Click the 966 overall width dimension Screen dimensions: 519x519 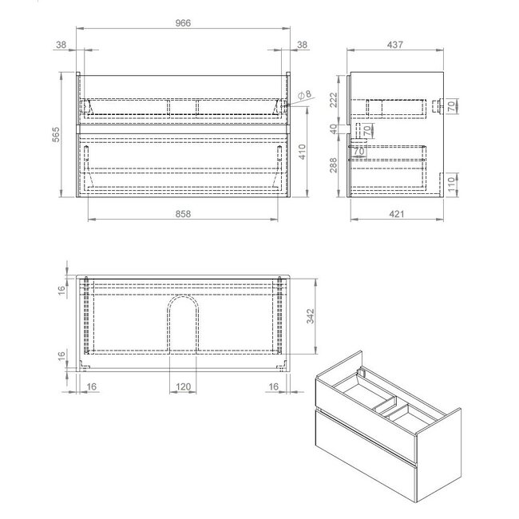point(183,23)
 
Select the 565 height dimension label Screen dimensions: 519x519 point(56,134)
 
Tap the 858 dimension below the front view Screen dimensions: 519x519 point(183,214)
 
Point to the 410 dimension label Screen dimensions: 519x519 point(303,152)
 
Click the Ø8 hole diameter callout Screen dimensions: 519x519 point(305,95)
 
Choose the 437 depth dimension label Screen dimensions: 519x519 point(395,45)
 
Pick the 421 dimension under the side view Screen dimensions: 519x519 point(396,214)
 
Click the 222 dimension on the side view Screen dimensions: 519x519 point(334,100)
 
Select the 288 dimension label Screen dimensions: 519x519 point(334,164)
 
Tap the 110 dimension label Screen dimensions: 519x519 point(451,184)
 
